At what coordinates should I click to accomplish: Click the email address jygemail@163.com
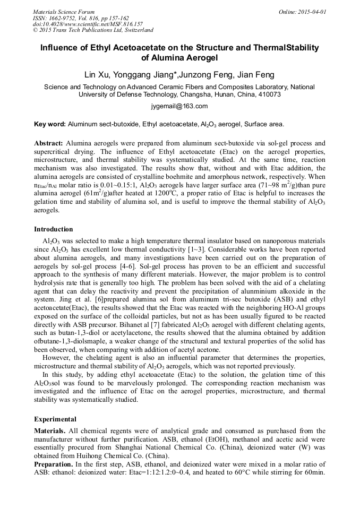click(179, 106)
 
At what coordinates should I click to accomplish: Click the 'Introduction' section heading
click(54, 229)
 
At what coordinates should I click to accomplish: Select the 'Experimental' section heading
click(55, 419)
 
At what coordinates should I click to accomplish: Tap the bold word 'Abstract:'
click(49, 143)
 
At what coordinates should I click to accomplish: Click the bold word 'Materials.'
click(51, 430)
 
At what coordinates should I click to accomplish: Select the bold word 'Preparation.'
click(54, 463)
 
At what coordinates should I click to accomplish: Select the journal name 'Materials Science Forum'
click(64, 11)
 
